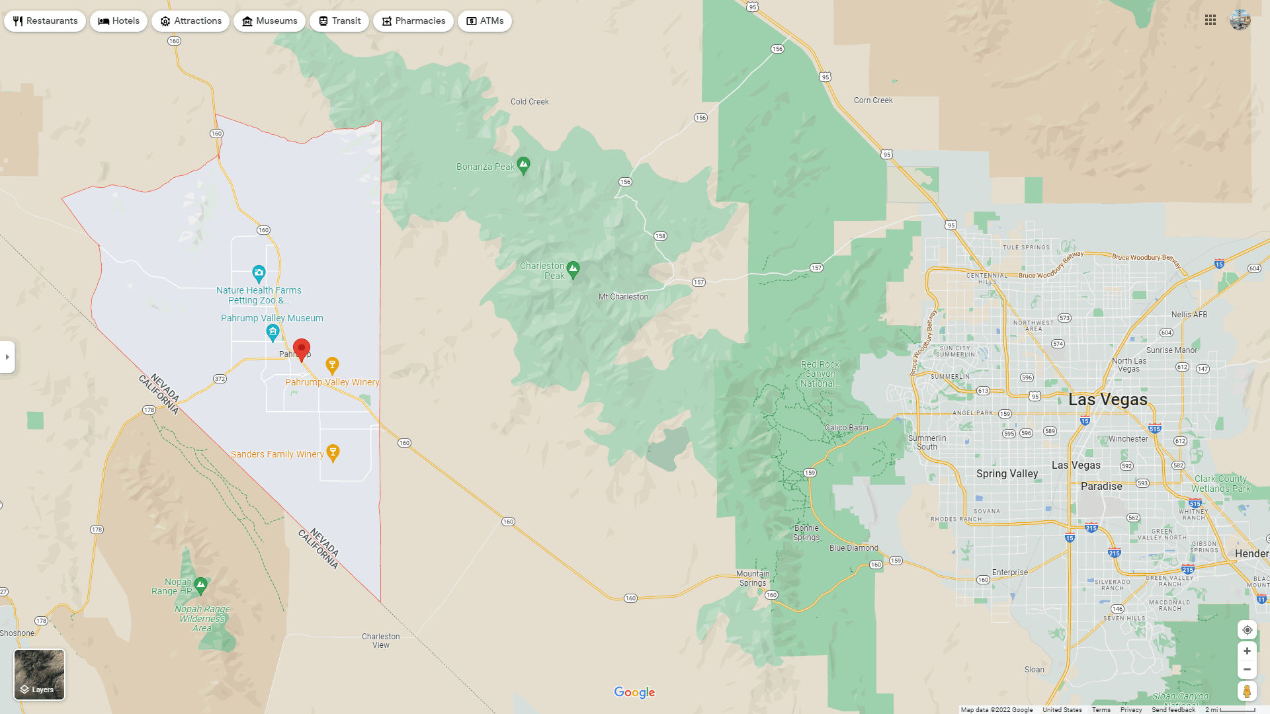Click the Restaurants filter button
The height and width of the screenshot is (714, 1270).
(x=45, y=21)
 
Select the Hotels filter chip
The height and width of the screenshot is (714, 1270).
(x=119, y=21)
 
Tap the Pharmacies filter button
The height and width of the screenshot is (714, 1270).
(x=413, y=21)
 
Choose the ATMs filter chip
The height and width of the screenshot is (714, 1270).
(x=485, y=21)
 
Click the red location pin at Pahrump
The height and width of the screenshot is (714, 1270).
(x=302, y=348)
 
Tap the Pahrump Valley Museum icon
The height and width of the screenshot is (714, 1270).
(x=273, y=332)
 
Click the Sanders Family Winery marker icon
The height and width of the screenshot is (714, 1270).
(x=333, y=452)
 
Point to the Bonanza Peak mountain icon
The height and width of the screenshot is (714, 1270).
(x=524, y=165)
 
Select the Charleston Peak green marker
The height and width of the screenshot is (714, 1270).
(x=573, y=269)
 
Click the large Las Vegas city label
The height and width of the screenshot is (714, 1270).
(x=1108, y=400)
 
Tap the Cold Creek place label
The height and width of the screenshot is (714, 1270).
(x=529, y=102)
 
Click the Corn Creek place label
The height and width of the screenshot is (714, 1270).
(x=873, y=100)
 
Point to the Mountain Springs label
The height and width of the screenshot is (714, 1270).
(x=753, y=578)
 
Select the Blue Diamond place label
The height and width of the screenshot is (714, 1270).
(x=854, y=548)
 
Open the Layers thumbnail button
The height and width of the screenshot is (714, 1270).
(x=40, y=674)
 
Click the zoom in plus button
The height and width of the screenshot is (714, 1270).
(x=1247, y=651)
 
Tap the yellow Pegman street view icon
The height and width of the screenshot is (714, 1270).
(x=1247, y=691)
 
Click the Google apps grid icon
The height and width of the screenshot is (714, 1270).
(x=1210, y=20)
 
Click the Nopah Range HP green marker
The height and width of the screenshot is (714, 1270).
(x=201, y=584)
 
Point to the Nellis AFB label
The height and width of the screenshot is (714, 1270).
(x=1189, y=315)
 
